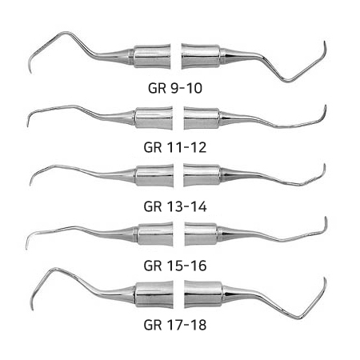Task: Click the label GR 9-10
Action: tap(175, 88)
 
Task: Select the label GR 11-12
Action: tap(175, 147)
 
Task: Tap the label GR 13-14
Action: tap(175, 206)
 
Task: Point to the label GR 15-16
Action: tap(175, 266)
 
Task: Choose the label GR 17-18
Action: tap(175, 325)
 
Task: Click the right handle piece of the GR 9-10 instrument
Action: tap(201, 57)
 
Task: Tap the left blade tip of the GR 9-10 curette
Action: tap(30, 73)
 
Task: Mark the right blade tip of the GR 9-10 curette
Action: tap(325, 42)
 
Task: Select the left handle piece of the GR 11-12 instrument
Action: tap(154, 118)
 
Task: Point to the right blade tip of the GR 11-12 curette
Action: tap(326, 106)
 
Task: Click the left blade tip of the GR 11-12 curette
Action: tap(27, 126)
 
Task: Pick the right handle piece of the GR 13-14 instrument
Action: tap(202, 175)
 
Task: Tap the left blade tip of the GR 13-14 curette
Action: tap(30, 185)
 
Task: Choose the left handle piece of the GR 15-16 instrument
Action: tap(155, 234)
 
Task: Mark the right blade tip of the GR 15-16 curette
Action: tap(326, 217)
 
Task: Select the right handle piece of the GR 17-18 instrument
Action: tap(203, 294)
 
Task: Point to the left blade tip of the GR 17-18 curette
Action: tap(33, 310)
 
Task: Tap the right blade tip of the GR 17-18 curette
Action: tap(325, 278)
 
